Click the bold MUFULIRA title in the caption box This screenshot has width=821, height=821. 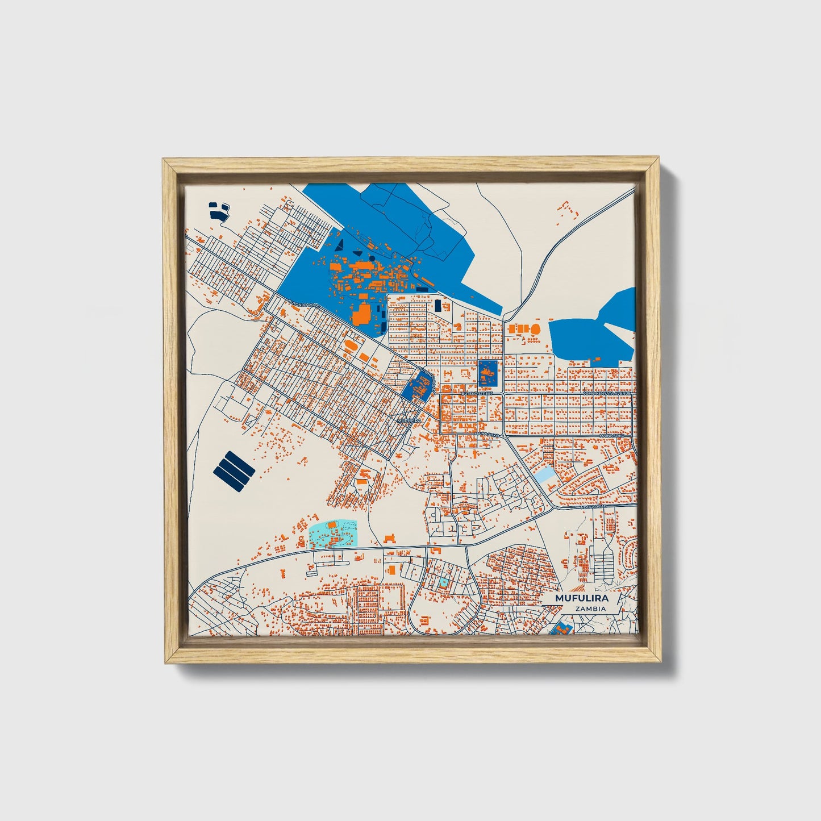click(x=581, y=598)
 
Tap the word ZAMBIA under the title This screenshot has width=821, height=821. click(x=590, y=609)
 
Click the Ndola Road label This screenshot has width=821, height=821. click(x=594, y=506)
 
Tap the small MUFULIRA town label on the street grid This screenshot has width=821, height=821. click(x=409, y=420)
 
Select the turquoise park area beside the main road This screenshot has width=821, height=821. click(x=333, y=534)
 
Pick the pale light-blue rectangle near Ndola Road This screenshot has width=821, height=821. click(x=545, y=475)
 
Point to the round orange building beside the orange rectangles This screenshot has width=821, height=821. click(x=536, y=329)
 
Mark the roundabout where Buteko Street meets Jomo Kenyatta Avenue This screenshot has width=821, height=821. click(x=503, y=393)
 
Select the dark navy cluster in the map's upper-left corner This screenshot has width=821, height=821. click(x=218, y=211)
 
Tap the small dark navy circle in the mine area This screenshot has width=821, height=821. click(x=372, y=257)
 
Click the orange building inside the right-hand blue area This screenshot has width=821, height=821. click(x=597, y=359)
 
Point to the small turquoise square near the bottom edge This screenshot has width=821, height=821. click(x=443, y=582)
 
